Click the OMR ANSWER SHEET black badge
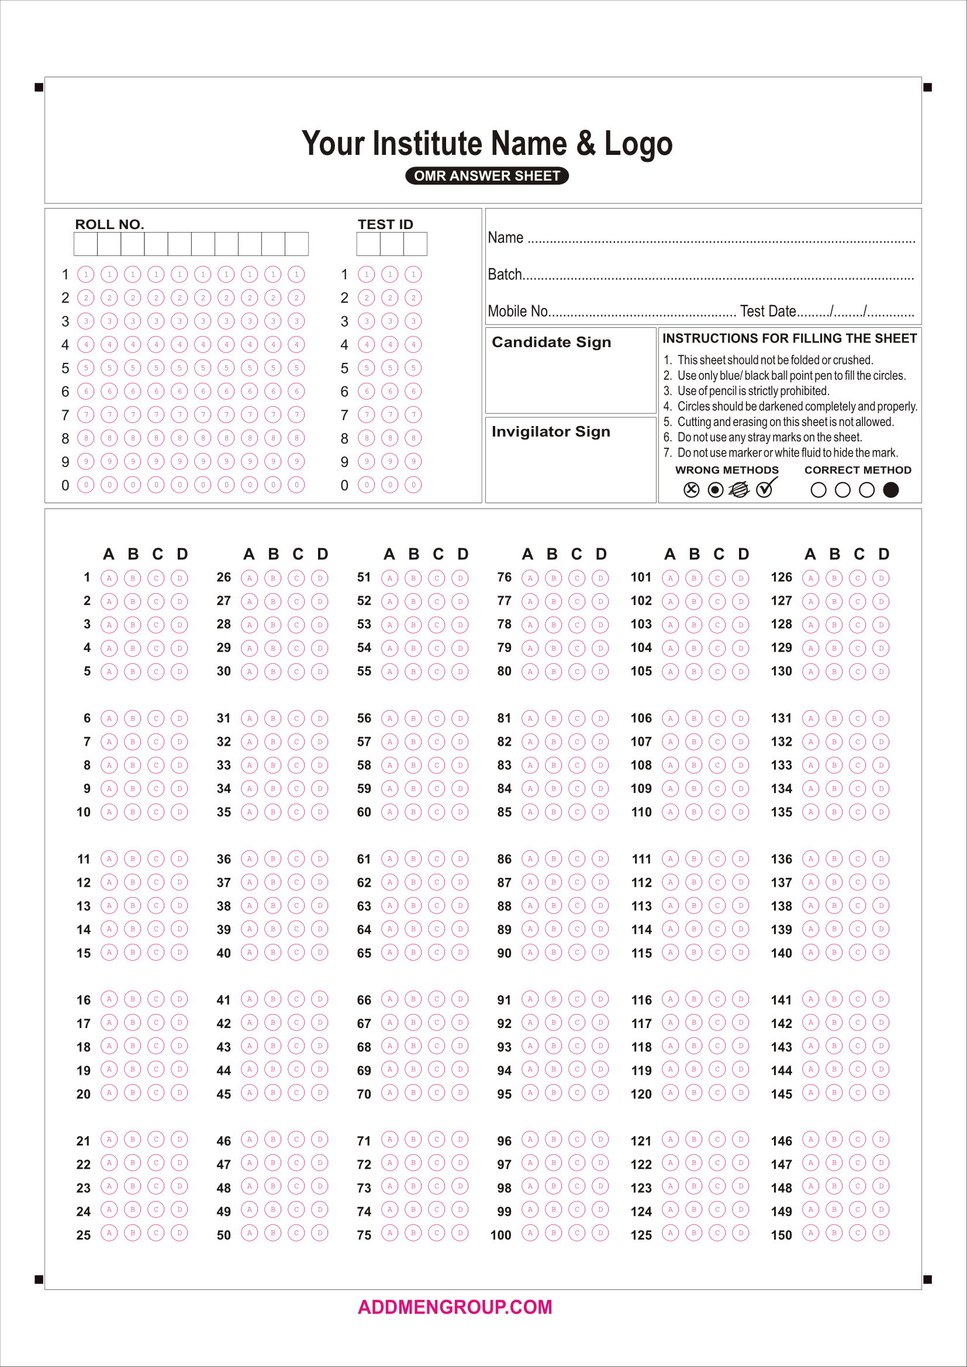coord(486,176)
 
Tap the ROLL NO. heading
coord(109,224)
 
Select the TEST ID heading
coord(385,224)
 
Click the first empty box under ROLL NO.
coord(86,244)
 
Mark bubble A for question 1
coord(109,577)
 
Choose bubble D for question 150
coord(880,1233)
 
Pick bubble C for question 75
coord(437,1233)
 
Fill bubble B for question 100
coord(553,1233)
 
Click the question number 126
coord(781,577)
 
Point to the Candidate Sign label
coord(551,342)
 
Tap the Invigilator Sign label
coord(551,432)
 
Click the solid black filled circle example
coord(891,489)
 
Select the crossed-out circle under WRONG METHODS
coord(691,489)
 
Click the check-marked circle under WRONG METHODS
coord(765,489)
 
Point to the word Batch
coord(505,275)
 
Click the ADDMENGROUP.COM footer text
coord(455,1307)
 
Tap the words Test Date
coord(768,312)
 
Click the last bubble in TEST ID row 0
coord(413,484)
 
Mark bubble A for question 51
coord(389,577)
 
